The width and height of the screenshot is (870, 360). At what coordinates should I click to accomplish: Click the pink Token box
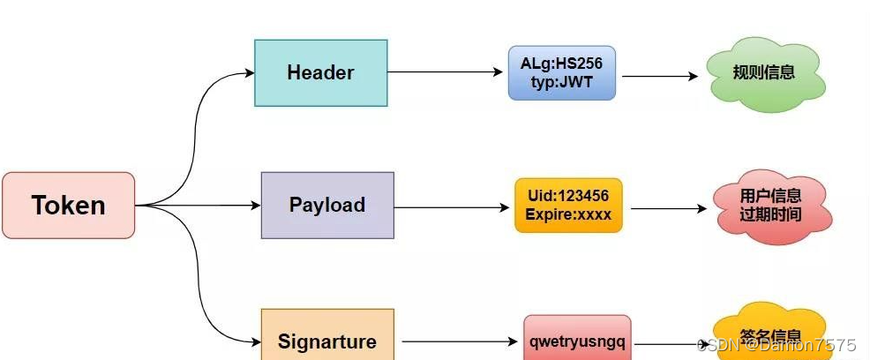coord(68,205)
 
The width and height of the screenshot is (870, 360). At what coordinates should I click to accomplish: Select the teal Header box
coord(320,73)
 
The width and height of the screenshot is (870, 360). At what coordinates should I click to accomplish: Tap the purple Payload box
coord(327,205)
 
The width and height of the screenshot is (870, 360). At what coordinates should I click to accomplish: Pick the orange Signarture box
coord(327,341)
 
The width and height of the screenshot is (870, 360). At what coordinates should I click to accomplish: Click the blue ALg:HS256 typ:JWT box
coord(562,73)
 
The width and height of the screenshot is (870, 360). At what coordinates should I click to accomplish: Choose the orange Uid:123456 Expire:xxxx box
coord(568,205)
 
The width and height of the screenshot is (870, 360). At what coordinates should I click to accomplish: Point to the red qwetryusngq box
coord(577,341)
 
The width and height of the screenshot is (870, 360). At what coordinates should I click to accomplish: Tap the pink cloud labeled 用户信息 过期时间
coord(770,205)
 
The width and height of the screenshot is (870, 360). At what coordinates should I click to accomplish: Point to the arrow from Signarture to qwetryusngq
coord(459,341)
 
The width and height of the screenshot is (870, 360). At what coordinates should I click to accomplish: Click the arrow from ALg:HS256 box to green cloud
coord(660,77)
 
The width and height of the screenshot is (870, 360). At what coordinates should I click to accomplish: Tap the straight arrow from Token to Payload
coord(199,206)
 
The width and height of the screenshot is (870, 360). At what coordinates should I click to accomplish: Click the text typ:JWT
coord(562,82)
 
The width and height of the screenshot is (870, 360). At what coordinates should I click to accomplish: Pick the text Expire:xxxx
coord(568,214)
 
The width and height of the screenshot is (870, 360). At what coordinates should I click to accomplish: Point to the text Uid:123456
coord(568,195)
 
